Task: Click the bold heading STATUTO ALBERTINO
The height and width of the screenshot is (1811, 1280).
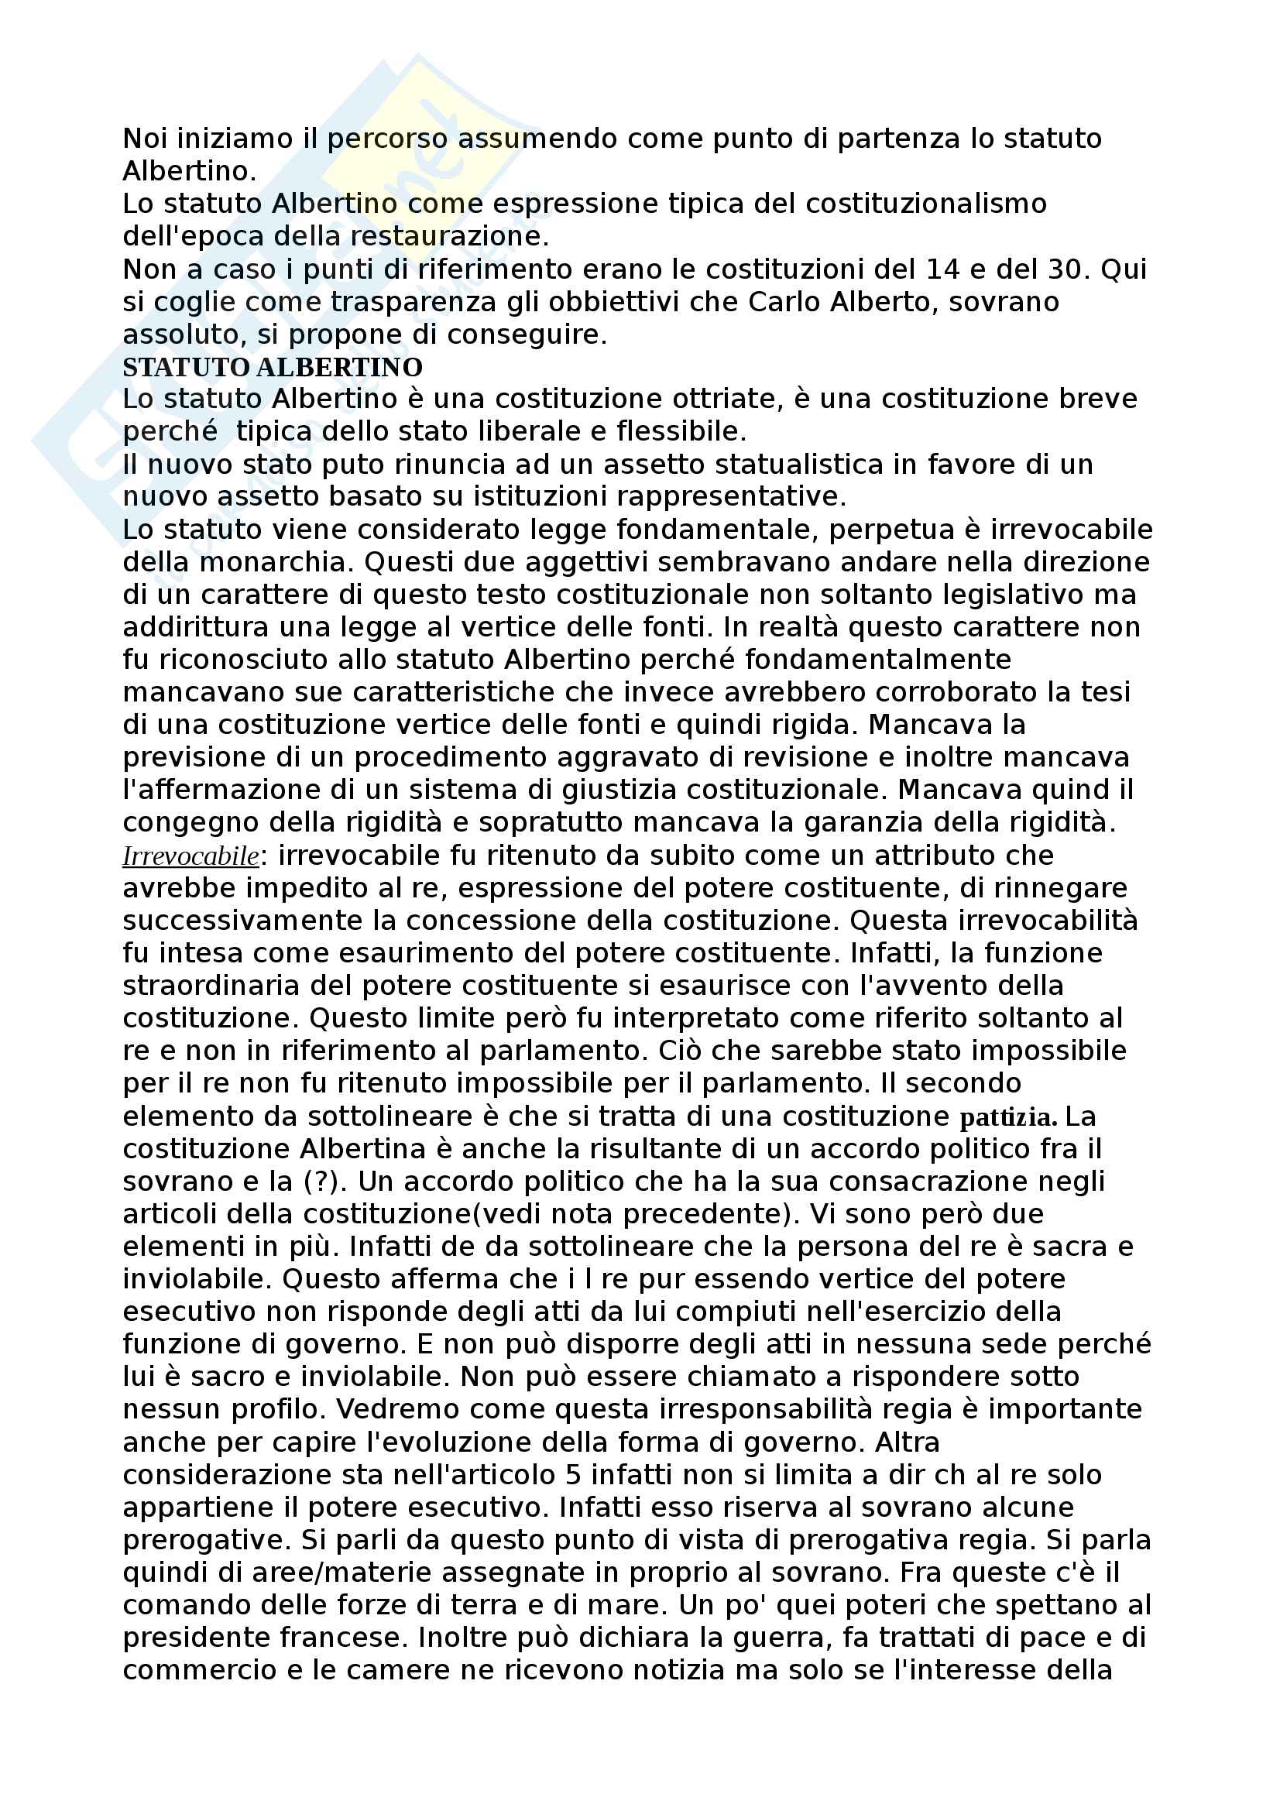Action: (x=272, y=368)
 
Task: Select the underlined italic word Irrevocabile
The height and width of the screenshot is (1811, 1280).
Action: (x=190, y=856)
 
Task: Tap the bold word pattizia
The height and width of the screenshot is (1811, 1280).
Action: (x=1008, y=1118)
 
